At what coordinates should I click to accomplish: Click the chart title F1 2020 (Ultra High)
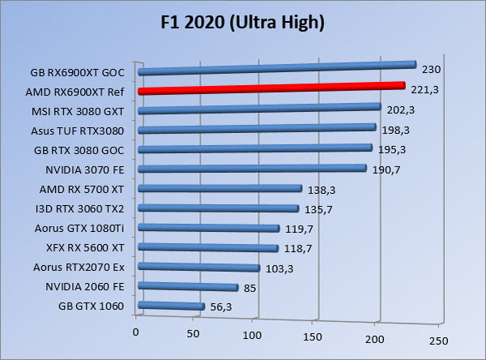[242, 23]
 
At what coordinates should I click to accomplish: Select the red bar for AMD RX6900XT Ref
[271, 88]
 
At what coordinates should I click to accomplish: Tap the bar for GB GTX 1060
[171, 306]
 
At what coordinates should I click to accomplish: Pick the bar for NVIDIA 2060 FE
[188, 286]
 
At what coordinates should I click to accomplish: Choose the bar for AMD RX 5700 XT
[220, 188]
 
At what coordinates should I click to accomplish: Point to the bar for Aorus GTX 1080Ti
[208, 228]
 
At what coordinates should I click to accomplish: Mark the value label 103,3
[278, 268]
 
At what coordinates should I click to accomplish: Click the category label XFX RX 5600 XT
[84, 246]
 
